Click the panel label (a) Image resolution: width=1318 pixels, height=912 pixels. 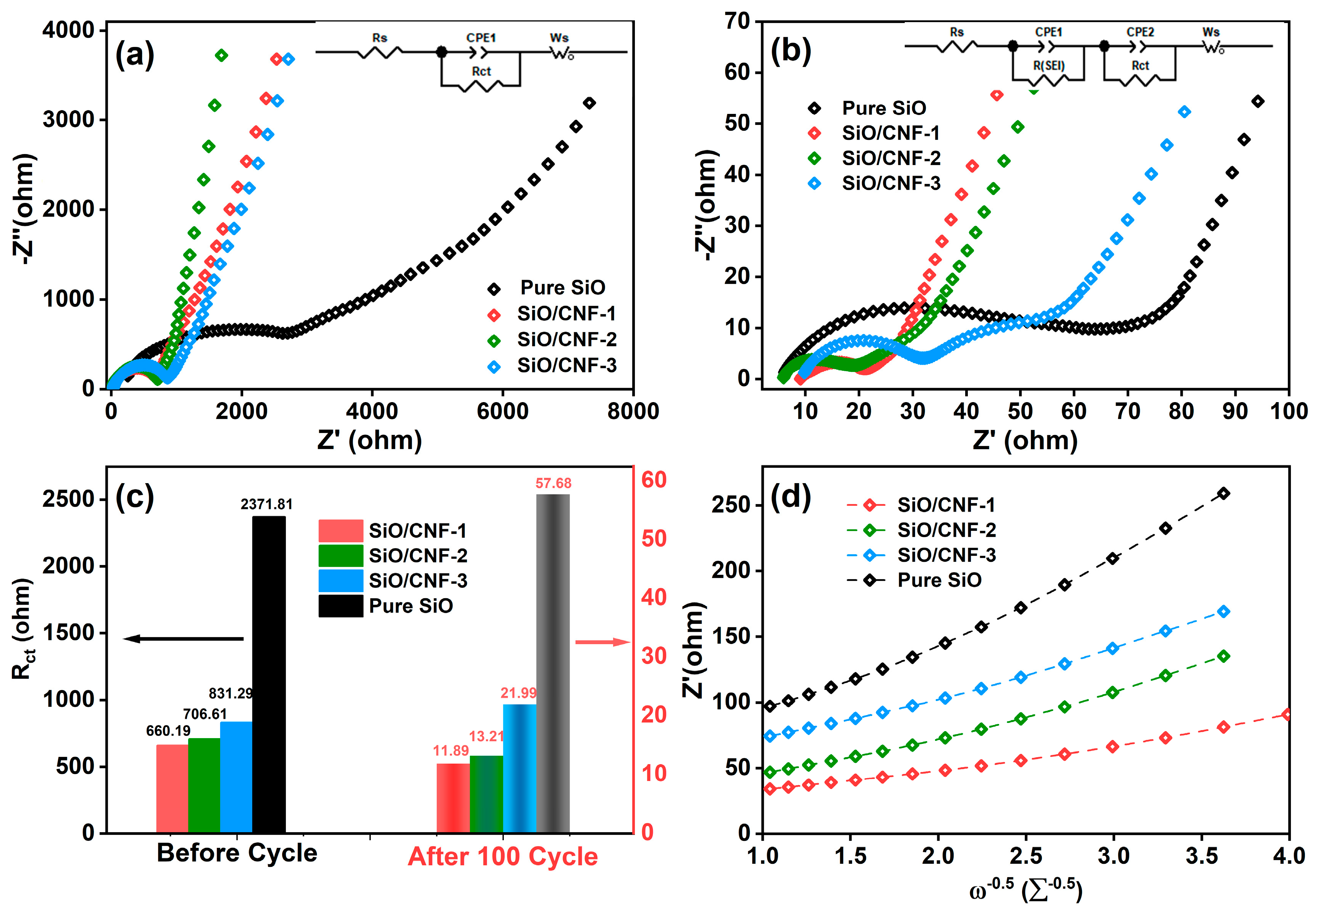(x=135, y=55)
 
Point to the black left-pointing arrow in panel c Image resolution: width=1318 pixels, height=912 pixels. (x=183, y=638)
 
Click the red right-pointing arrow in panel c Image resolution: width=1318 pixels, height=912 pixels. (x=602, y=642)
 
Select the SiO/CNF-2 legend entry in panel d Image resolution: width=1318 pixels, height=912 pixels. (x=946, y=530)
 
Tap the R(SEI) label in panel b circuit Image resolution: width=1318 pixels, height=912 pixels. (x=1049, y=66)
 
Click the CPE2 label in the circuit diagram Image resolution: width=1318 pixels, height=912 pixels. (x=1140, y=32)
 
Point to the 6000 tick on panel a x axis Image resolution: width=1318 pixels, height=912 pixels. (x=502, y=411)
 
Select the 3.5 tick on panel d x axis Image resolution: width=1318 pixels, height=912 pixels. (x=1201, y=856)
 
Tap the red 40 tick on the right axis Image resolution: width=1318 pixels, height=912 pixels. (x=654, y=597)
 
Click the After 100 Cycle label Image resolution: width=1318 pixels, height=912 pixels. (x=503, y=857)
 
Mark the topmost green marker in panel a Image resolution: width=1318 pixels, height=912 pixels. (x=222, y=55)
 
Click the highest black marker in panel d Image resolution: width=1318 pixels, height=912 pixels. (x=1223, y=493)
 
